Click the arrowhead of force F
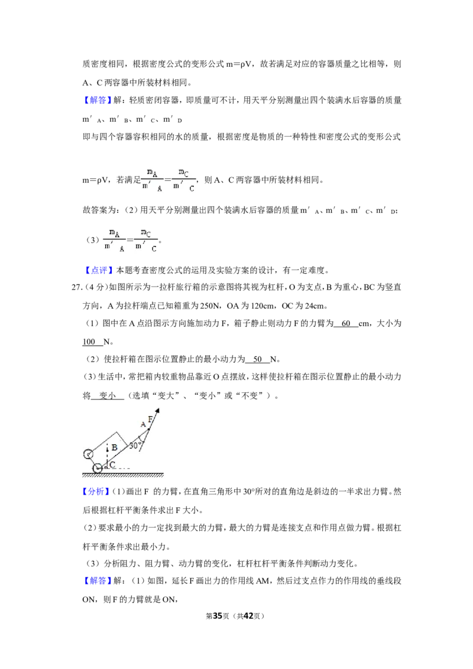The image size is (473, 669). click(x=157, y=411)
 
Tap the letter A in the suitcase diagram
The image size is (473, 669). click(x=143, y=424)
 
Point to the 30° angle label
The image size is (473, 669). click(x=135, y=446)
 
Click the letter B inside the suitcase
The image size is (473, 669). click(x=115, y=447)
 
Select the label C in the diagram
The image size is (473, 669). click(x=112, y=465)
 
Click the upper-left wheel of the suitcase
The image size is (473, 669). click(x=88, y=454)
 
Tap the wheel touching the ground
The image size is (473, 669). click(x=98, y=468)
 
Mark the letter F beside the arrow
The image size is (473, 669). click(x=150, y=420)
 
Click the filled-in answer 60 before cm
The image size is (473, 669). click(x=346, y=323)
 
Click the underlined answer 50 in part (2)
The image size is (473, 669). click(x=257, y=359)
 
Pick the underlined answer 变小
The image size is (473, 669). click(x=108, y=395)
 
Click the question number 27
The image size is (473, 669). click(x=76, y=287)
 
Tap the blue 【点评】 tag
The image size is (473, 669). click(x=99, y=270)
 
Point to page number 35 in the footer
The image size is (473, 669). click(x=218, y=616)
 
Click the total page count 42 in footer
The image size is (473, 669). click(x=248, y=616)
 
